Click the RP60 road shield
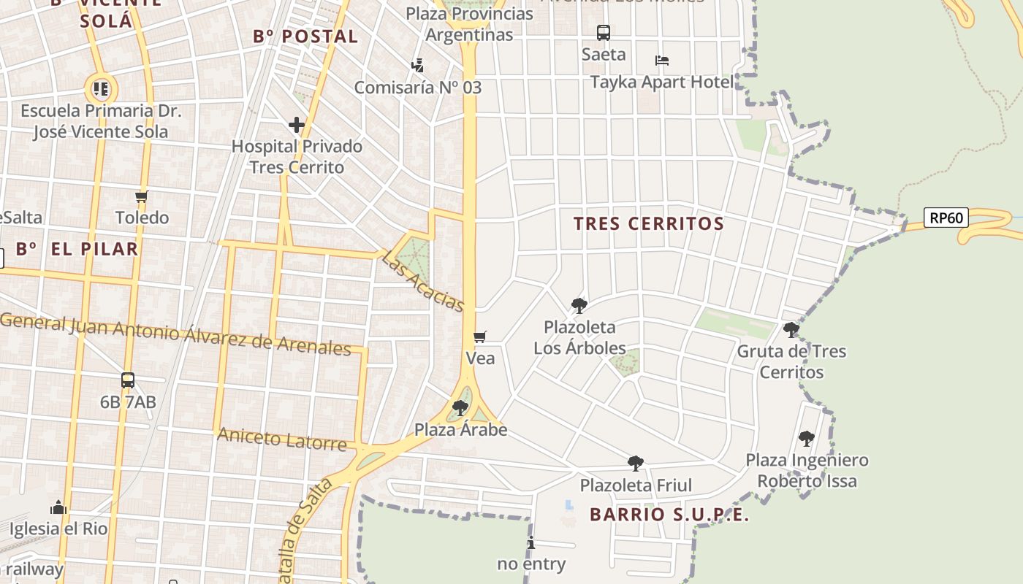click(946, 218)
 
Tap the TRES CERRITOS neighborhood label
click(648, 223)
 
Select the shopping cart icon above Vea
click(480, 337)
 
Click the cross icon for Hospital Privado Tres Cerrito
click(296, 125)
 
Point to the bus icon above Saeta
click(604, 33)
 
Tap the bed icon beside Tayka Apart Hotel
click(662, 61)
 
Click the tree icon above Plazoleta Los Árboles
click(579, 305)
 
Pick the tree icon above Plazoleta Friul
click(636, 463)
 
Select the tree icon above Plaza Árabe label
click(460, 407)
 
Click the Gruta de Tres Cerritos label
click(791, 361)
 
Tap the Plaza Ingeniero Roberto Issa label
click(807, 470)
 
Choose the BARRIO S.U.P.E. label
click(669, 515)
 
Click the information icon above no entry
click(531, 543)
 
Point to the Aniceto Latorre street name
click(282, 439)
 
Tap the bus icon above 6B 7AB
click(128, 380)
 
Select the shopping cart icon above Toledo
click(142, 196)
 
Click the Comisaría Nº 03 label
click(418, 88)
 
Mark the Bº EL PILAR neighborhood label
click(77, 249)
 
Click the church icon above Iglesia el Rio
click(58, 507)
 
